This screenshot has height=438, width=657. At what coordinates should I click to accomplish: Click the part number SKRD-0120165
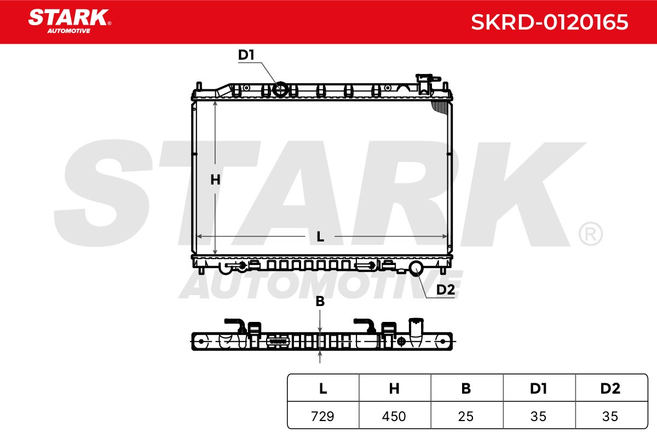[x=549, y=22]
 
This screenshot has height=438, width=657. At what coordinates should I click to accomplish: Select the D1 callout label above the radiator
[x=246, y=55]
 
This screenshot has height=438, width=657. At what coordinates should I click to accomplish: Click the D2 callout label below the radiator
[x=446, y=290]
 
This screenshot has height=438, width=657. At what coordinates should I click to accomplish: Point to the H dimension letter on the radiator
[x=215, y=180]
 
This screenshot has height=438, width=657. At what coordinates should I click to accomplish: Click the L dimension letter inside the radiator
[x=320, y=237]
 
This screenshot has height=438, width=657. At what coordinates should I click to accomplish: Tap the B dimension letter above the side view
[x=320, y=301]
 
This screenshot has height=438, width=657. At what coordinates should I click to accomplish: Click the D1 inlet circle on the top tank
[x=280, y=89]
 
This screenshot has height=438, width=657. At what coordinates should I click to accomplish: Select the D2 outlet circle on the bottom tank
[x=416, y=268]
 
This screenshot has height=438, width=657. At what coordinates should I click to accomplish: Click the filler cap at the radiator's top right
[x=427, y=84]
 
